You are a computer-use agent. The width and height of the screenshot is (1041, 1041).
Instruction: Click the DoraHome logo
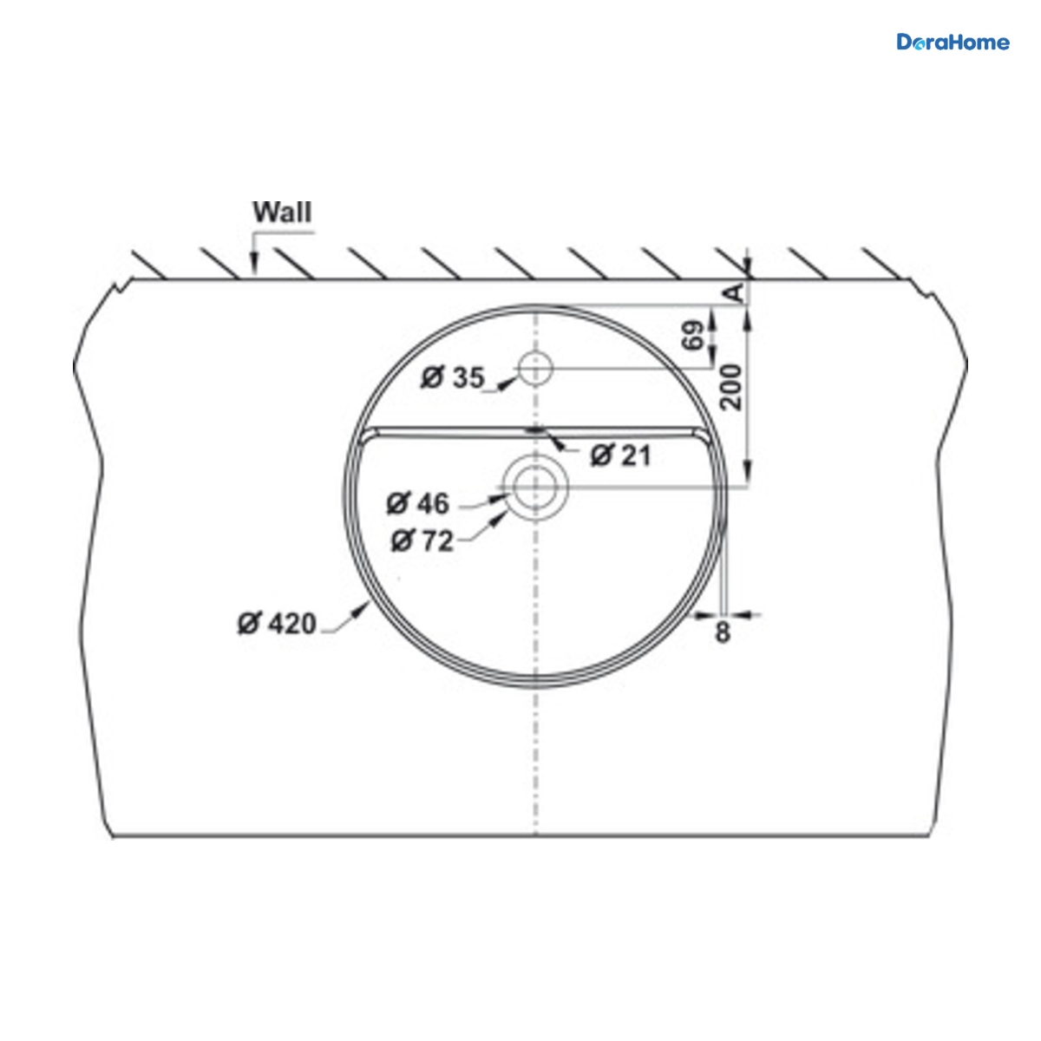point(953,43)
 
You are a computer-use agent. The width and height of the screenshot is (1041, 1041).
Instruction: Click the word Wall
point(282,212)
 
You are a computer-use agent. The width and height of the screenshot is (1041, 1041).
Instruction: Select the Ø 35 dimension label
point(453,377)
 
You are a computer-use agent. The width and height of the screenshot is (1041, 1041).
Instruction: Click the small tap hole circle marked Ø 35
point(535,369)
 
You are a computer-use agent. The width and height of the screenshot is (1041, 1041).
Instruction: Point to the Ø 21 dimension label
point(621,456)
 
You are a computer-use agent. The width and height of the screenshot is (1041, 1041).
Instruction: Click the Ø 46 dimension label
point(417,503)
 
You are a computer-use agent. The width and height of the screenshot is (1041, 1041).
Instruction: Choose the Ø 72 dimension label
point(422,540)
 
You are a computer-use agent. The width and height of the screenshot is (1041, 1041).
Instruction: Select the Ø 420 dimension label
point(277,624)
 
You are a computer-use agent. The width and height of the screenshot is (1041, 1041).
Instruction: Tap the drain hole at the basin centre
point(535,487)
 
